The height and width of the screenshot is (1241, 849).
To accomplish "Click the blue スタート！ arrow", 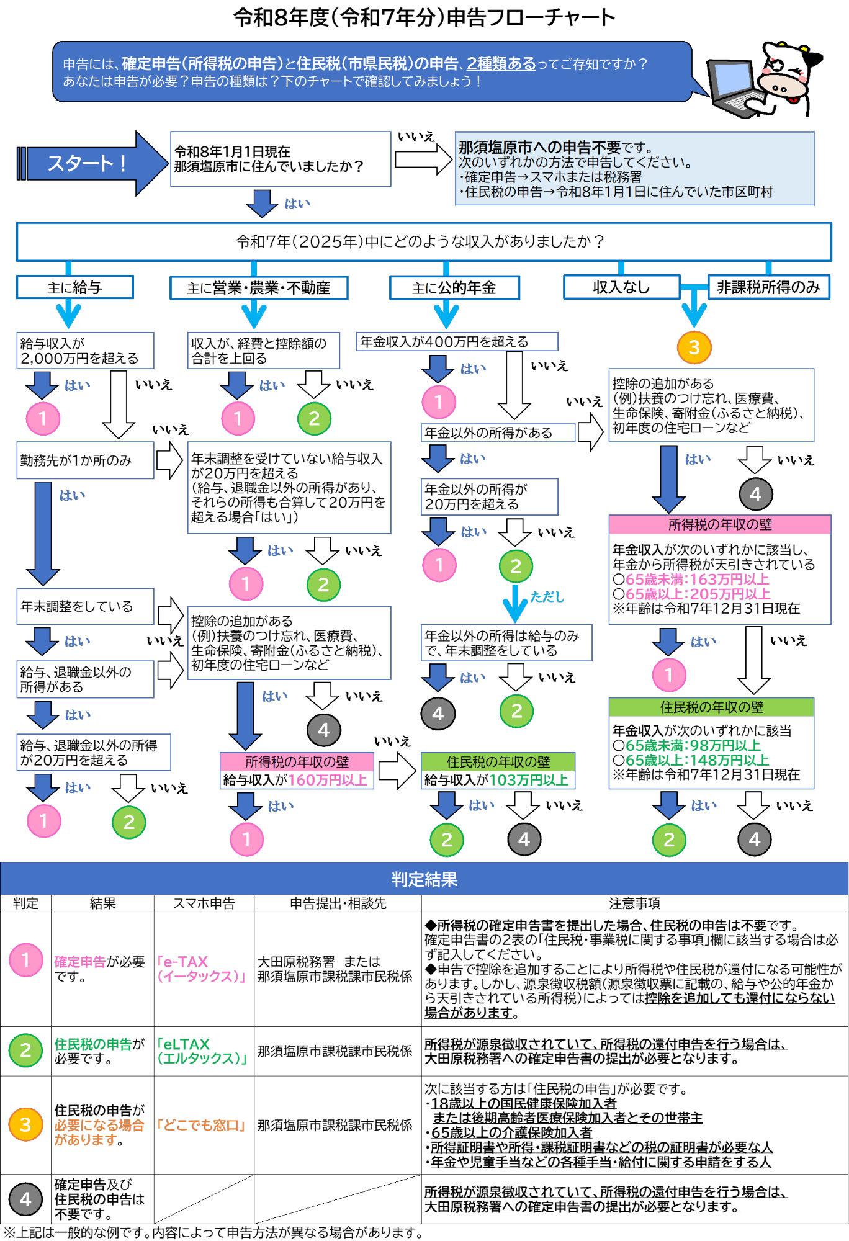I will pyautogui.click(x=87, y=163).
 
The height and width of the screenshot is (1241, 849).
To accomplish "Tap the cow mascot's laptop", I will pyautogui.click(x=732, y=87).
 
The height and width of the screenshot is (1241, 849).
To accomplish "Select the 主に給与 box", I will pyautogui.click(x=75, y=287).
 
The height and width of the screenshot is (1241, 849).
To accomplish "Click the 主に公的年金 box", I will pyautogui.click(x=454, y=288).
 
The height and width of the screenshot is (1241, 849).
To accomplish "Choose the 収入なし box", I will pyautogui.click(x=621, y=287).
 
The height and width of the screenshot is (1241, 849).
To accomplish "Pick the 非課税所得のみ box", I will pyautogui.click(x=768, y=287).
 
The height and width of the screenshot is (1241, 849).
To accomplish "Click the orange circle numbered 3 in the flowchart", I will pyautogui.click(x=694, y=347).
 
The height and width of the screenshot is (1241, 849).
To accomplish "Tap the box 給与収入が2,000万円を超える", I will pyautogui.click(x=85, y=351).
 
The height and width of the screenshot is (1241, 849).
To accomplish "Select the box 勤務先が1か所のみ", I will pyautogui.click(x=85, y=460).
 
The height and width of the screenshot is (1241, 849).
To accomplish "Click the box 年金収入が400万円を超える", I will pyautogui.click(x=457, y=342).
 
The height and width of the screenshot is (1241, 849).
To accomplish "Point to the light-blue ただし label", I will pyautogui.click(x=547, y=596).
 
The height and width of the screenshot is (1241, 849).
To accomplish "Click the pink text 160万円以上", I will pyautogui.click(x=328, y=780).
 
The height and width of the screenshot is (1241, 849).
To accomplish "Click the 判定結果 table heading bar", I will pyautogui.click(x=424, y=879).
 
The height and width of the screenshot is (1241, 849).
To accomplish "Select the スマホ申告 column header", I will pyautogui.click(x=204, y=903).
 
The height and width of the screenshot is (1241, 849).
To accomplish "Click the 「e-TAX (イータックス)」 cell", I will pyautogui.click(x=203, y=969).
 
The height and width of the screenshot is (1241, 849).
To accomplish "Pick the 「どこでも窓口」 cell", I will pyautogui.click(x=203, y=1125).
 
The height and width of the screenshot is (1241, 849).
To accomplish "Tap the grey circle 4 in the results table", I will pyautogui.click(x=25, y=1199).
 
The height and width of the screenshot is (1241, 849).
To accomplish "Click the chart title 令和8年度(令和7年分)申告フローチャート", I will pyautogui.click(x=424, y=17).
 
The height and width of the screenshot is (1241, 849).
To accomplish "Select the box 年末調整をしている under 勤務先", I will pyautogui.click(x=85, y=606).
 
